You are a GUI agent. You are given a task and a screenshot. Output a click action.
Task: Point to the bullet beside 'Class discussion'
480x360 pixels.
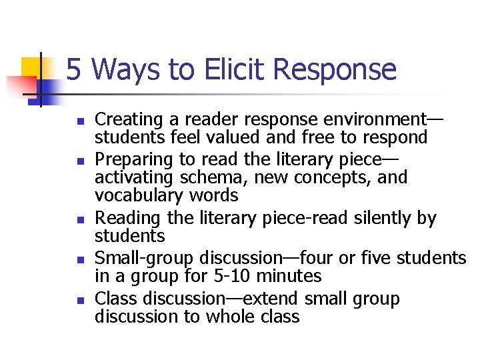(x=79, y=301)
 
